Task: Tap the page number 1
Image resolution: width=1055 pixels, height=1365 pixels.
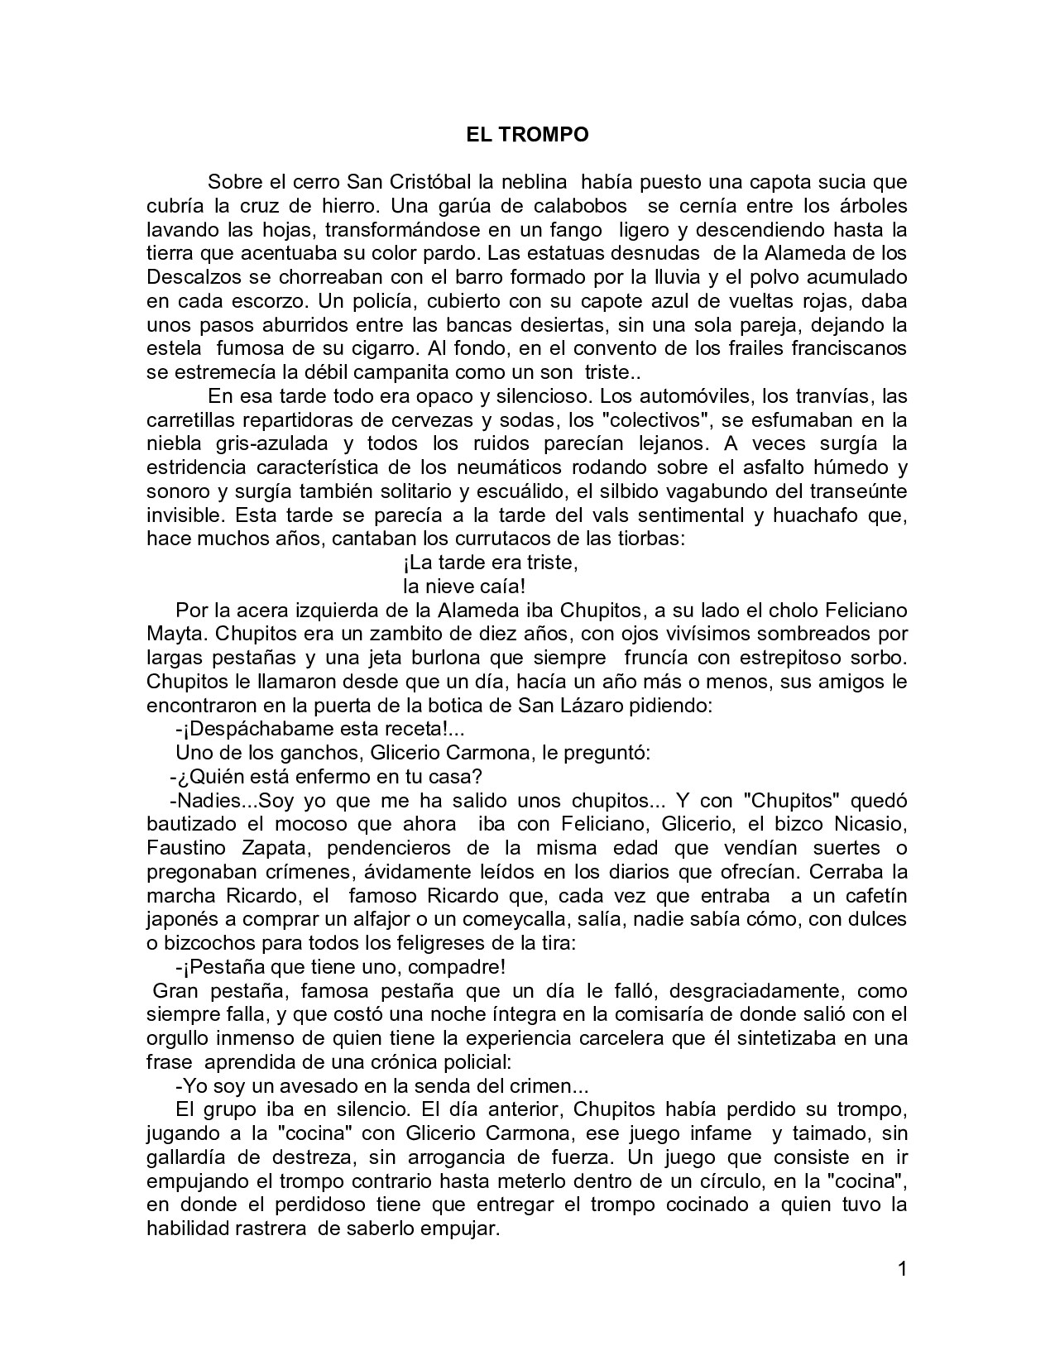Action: tap(902, 1268)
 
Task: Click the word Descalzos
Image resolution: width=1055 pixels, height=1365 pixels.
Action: tap(188, 276)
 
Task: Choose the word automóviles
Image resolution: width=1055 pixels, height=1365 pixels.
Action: tap(678, 395)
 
